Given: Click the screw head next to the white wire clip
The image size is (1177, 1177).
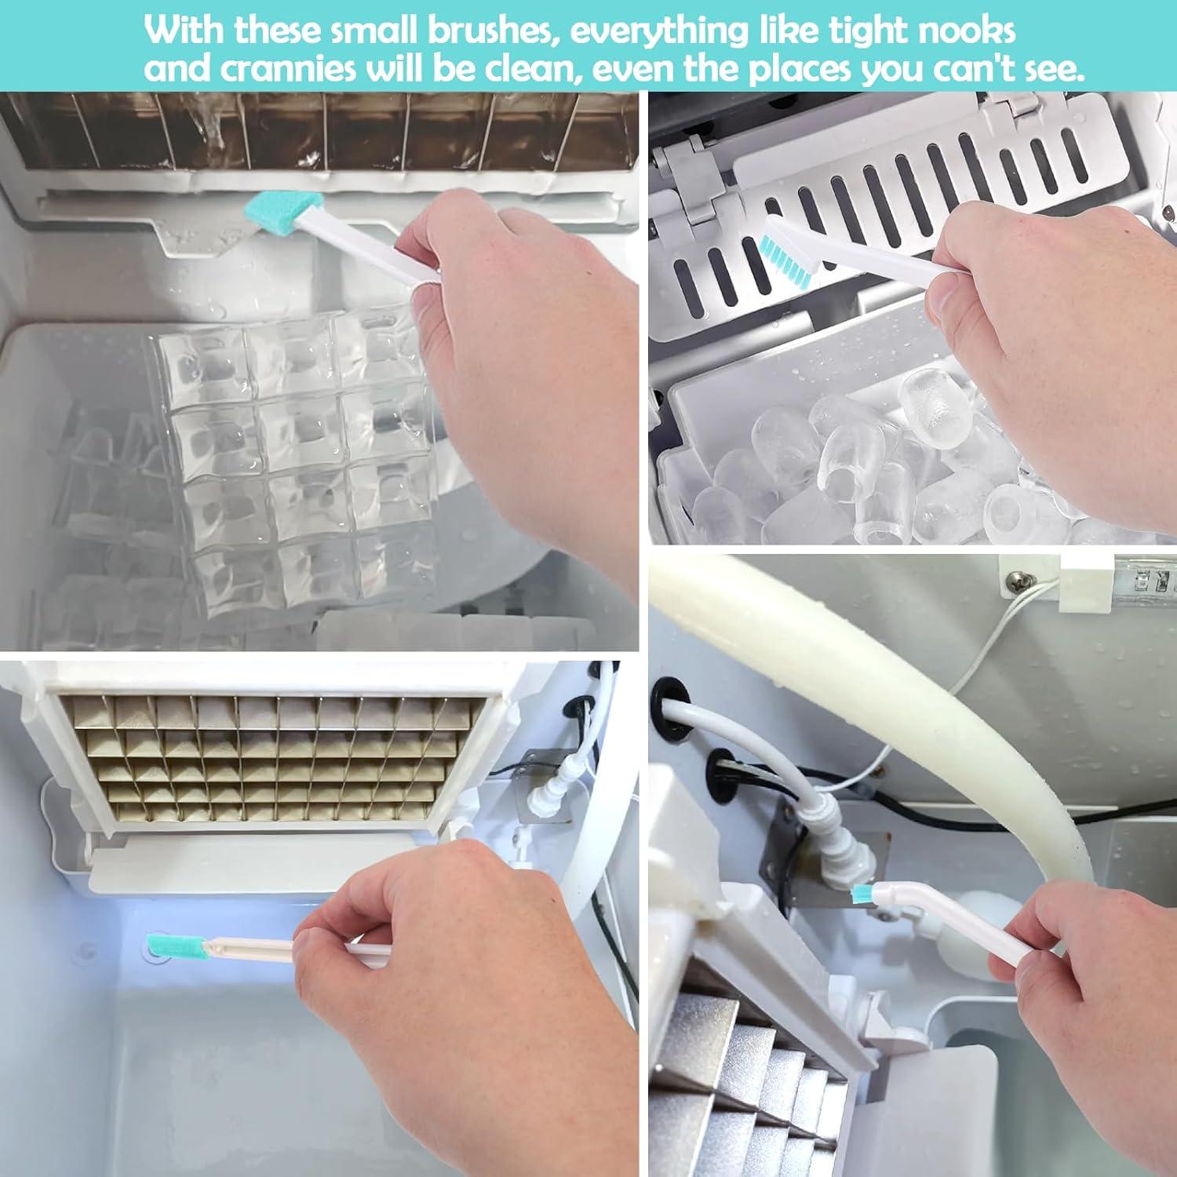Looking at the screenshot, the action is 1016,581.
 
